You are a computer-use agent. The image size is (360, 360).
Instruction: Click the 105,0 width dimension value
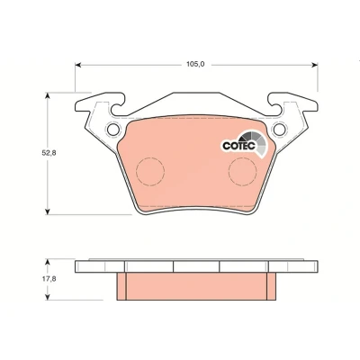pos(195,64)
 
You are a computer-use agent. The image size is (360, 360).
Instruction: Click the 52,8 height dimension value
pos(49,153)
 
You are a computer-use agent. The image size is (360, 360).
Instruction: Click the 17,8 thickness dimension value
pos(49,279)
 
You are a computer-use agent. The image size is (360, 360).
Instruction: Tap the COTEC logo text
pos(238,146)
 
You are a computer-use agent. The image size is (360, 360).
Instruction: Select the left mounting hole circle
pos(113,130)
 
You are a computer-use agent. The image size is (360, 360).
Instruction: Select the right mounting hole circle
pos(279,130)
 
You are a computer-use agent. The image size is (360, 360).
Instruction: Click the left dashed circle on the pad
pos(150,171)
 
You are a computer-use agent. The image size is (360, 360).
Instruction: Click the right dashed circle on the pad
pos(242,171)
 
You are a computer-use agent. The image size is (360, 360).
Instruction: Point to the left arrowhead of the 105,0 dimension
pos(78,65)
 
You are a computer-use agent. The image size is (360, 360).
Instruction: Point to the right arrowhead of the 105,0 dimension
pos(314,65)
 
